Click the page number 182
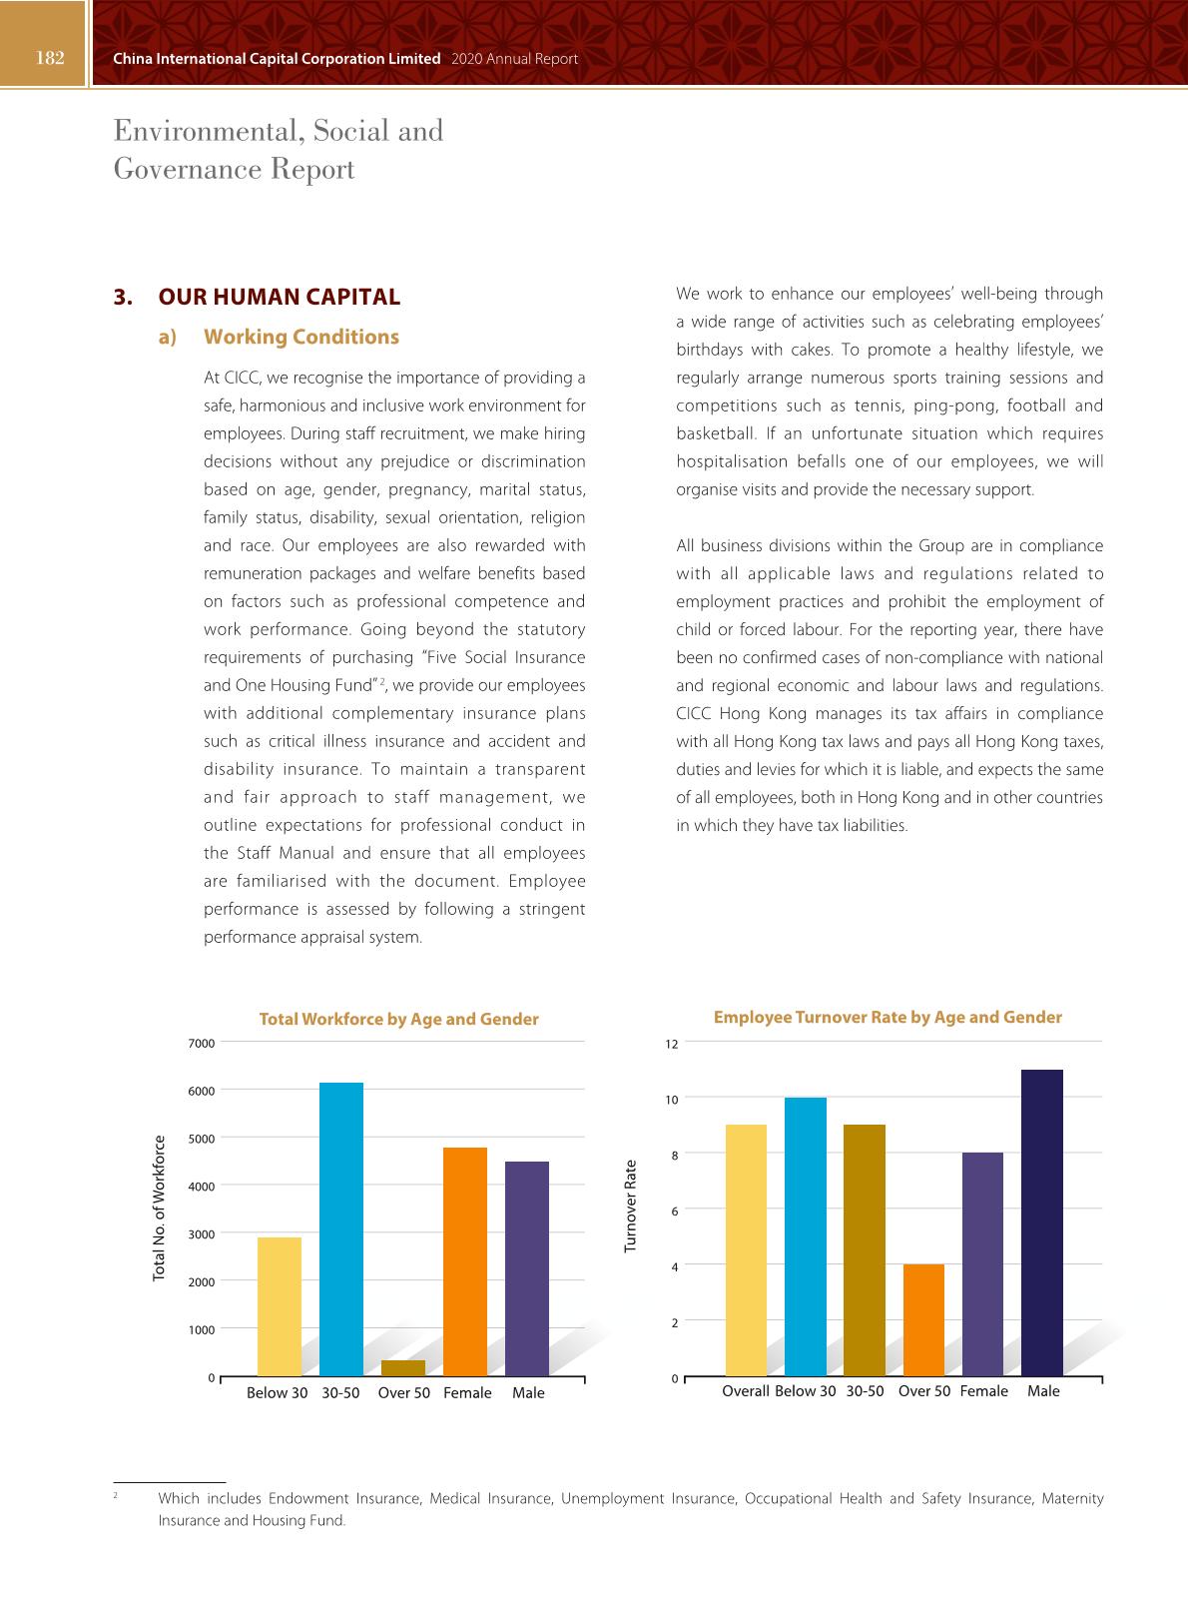click(50, 58)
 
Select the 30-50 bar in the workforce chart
click(341, 1228)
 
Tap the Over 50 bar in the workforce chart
click(403, 1367)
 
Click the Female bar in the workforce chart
click(465, 1261)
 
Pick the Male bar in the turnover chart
click(1042, 1222)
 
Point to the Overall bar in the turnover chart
click(746, 1249)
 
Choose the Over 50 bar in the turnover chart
click(923, 1319)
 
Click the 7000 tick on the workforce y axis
click(201, 1043)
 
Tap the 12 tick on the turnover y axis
click(672, 1044)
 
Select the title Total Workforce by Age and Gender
click(398, 1019)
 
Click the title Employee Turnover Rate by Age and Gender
click(888, 1017)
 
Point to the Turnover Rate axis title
click(631, 1206)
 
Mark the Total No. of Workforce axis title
click(159, 1209)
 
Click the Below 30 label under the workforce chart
click(277, 1393)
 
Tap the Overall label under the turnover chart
click(746, 1391)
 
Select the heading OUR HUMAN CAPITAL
click(280, 297)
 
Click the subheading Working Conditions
click(301, 337)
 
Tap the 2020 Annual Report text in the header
click(515, 59)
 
